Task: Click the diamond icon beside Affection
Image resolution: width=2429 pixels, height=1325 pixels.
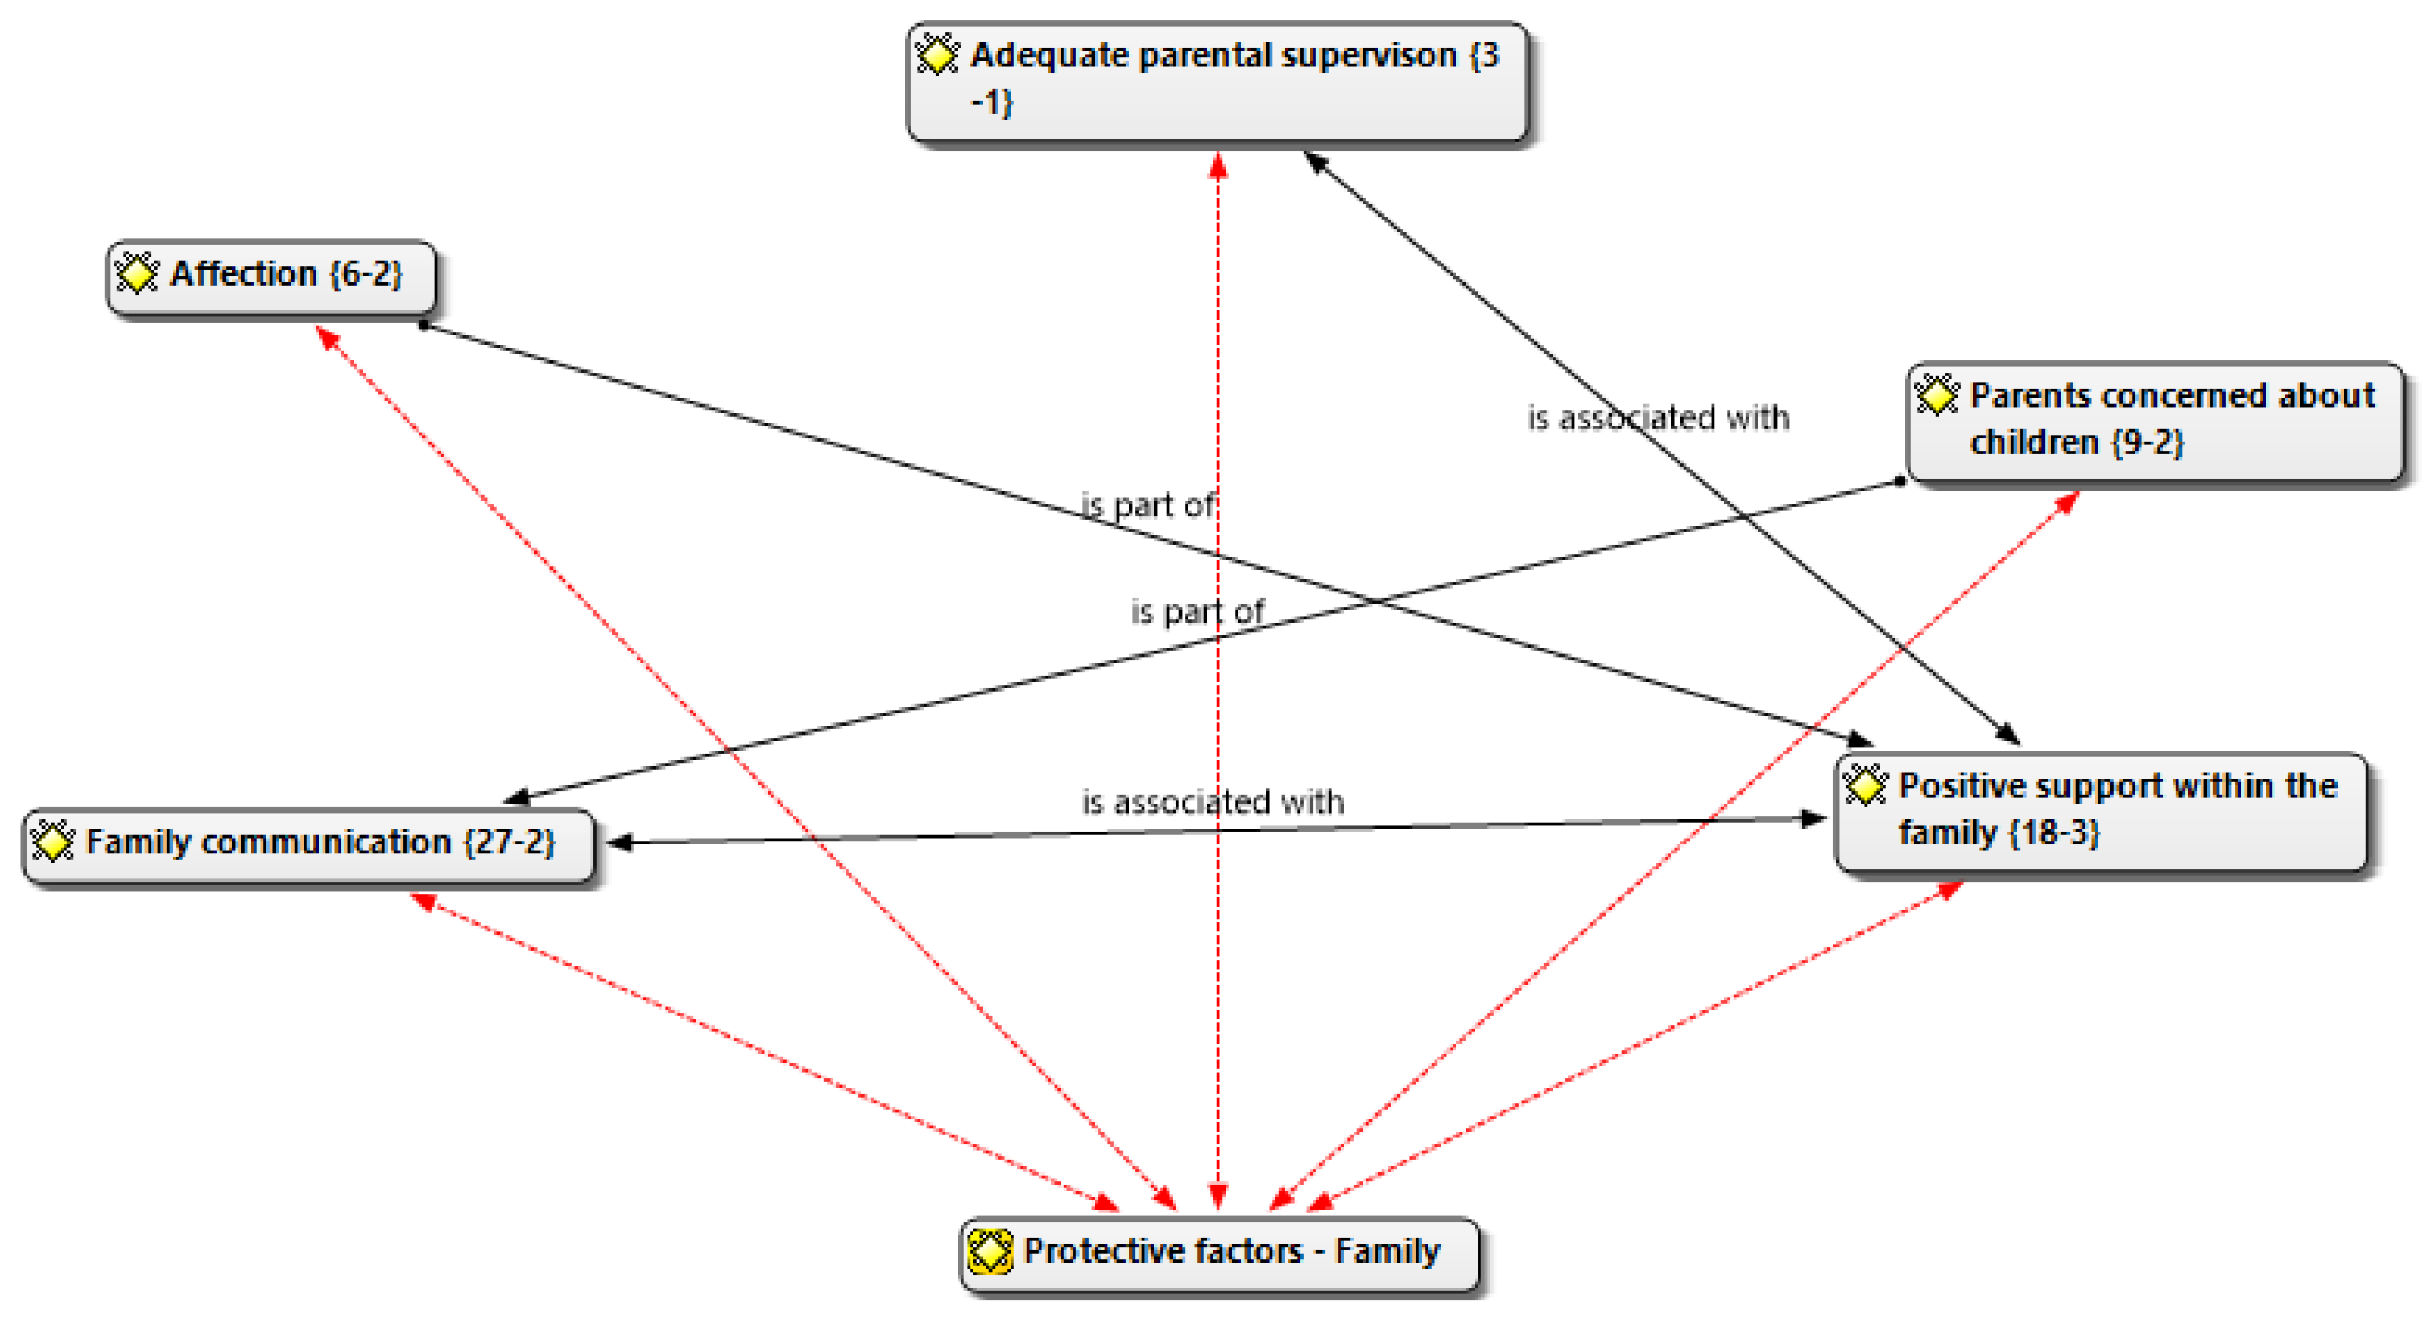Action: click(137, 273)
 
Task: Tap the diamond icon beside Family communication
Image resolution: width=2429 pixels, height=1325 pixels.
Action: click(53, 840)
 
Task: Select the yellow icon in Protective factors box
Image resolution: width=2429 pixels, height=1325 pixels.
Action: click(990, 1251)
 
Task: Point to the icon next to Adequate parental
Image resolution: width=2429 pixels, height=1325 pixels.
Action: click(937, 55)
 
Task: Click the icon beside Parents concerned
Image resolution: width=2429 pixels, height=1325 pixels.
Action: click(1937, 394)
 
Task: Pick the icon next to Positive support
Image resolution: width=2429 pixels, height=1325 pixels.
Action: click(1866, 785)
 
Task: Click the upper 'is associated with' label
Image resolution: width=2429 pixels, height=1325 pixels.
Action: click(1658, 418)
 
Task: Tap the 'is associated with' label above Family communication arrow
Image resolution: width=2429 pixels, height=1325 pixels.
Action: click(1212, 802)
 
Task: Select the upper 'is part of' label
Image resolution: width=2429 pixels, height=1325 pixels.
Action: click(1148, 506)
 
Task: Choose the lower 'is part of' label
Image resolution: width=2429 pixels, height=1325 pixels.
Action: click(1197, 612)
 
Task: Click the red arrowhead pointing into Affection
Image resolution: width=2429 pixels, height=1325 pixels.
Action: click(325, 337)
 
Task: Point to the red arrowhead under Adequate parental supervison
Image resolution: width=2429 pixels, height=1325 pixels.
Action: click(1218, 166)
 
